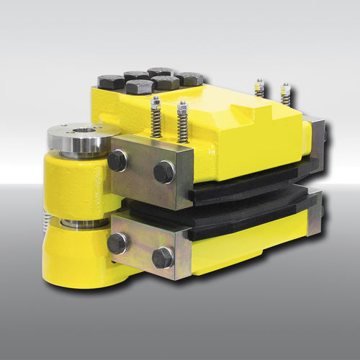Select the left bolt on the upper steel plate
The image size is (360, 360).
117,161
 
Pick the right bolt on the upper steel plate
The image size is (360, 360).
164,171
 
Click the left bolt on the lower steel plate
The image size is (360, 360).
117,243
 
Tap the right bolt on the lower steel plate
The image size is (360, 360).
163,257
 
